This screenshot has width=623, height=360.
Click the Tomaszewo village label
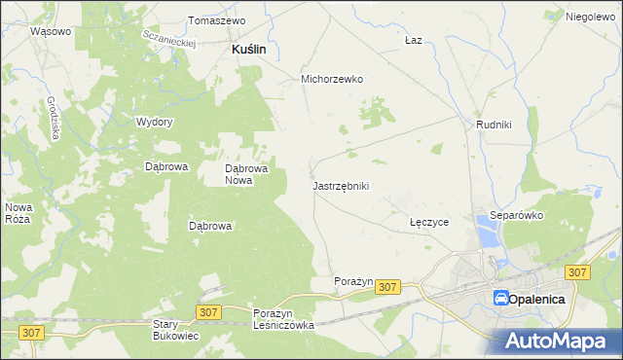pos(216,19)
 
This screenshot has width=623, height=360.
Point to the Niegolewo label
pos(592,17)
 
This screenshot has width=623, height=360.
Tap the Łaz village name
pos(413,41)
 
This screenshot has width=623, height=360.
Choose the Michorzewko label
pos(332,80)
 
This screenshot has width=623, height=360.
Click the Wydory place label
pos(155,122)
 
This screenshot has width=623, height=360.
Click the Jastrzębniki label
pos(341,185)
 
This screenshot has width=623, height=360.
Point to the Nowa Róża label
pos(18,212)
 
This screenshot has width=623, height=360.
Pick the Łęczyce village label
pos(428,222)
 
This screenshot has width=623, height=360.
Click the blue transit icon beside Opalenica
pos(500,299)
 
